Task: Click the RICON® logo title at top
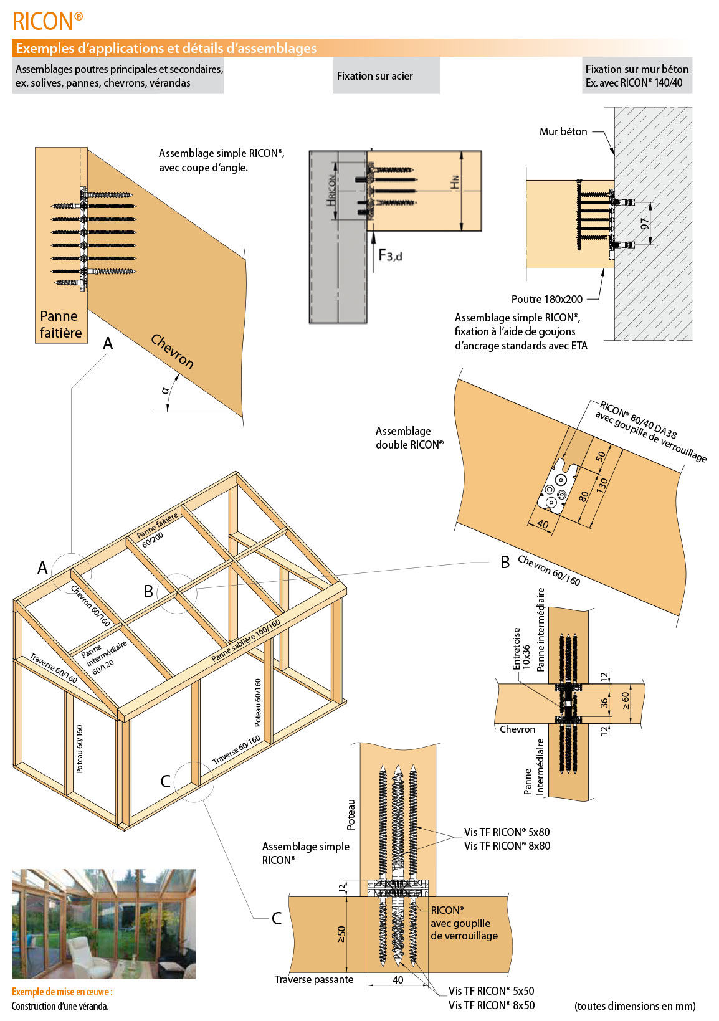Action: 47,21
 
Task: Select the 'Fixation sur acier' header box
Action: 386,76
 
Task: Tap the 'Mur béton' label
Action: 563,131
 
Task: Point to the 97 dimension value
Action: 645,223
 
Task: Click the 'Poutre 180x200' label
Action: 546,299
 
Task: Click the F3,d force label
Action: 390,255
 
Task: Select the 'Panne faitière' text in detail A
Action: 60,325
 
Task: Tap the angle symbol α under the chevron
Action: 165,391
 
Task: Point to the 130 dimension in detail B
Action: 602,485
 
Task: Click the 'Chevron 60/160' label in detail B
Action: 549,571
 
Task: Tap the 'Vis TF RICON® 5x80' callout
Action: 507,832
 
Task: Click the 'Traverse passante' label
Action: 313,980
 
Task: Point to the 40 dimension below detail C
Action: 398,980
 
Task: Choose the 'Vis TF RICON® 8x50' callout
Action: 491,1005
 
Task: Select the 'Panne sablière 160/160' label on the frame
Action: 245,641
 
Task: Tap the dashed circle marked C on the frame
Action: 194,781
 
